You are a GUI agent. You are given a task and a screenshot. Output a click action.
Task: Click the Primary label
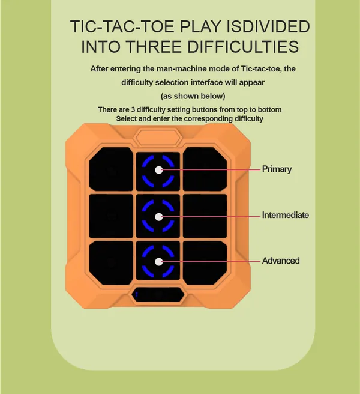point(277,169)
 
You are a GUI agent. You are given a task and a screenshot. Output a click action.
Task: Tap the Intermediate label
point(286,215)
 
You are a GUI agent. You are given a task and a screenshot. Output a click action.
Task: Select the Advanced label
point(281,261)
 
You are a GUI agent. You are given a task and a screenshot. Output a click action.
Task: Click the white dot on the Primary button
point(158,170)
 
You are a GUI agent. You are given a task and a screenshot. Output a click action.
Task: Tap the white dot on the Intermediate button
point(158,217)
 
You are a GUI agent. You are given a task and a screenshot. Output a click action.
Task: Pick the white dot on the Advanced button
point(158,262)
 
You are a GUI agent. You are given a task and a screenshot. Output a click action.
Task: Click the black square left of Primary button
point(111,169)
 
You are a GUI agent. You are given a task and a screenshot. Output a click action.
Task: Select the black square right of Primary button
point(205,169)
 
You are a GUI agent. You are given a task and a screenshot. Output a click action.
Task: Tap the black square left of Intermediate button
point(111,216)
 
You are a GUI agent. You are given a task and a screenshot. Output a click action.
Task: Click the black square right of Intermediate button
point(205,216)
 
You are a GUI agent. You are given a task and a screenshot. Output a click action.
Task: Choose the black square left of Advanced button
point(111,263)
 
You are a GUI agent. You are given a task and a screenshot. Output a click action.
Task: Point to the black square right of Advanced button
point(205,263)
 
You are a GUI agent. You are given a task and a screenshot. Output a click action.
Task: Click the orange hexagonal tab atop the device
point(158,137)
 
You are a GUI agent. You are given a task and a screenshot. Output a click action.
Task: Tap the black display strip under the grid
point(158,294)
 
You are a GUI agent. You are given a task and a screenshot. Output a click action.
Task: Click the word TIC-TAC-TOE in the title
point(122,26)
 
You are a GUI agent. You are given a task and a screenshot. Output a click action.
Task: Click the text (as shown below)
point(193,96)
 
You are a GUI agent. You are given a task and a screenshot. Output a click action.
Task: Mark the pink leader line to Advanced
point(211,262)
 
